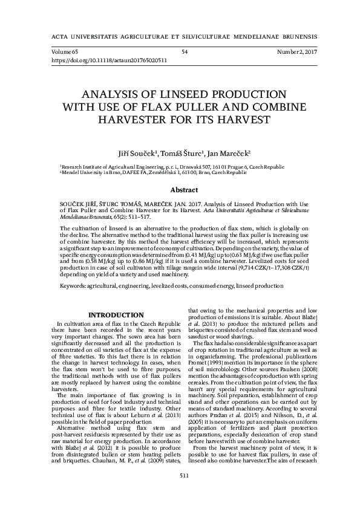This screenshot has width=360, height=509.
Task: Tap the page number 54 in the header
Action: [185, 53]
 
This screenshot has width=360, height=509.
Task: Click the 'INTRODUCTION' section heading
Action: [116, 315]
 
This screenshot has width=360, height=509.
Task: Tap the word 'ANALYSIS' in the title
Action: [113, 95]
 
